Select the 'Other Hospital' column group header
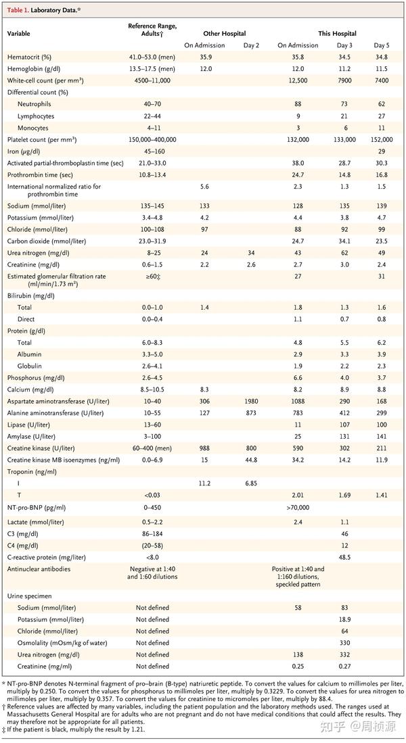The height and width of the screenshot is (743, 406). pyautogui.click(x=224, y=33)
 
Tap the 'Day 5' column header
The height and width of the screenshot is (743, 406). pyautogui.click(x=382, y=45)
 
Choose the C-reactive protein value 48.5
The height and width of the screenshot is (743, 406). pyautogui.click(x=345, y=557)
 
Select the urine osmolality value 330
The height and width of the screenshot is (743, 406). pyautogui.click(x=345, y=642)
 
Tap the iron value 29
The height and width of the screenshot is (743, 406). pyautogui.click(x=382, y=151)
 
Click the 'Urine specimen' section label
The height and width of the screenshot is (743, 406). pyautogui.click(x=30, y=596)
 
